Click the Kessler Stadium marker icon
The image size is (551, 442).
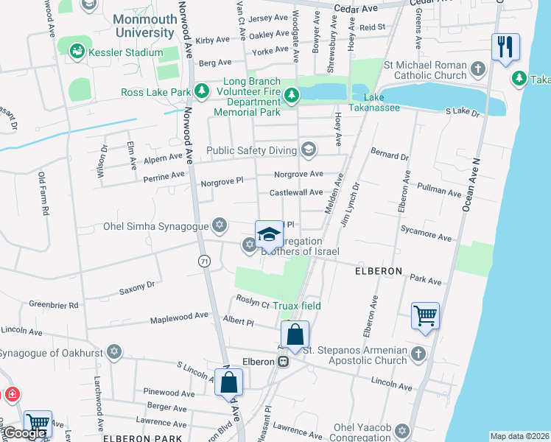(x=76, y=52)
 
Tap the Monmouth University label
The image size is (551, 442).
(x=145, y=27)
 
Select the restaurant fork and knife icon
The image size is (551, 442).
(x=505, y=48)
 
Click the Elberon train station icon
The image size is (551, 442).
(x=282, y=361)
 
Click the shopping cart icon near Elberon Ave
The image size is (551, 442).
(x=426, y=315)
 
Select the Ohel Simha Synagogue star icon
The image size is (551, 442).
(x=219, y=225)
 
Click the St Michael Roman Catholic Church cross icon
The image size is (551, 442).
(x=478, y=69)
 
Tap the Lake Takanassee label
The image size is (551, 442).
(x=383, y=103)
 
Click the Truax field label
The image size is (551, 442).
(x=297, y=306)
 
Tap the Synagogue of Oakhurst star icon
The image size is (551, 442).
(x=113, y=351)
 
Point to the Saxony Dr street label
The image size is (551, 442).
(x=138, y=286)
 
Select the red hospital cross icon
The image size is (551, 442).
(x=12, y=396)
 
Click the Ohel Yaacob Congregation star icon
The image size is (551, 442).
(x=401, y=430)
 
